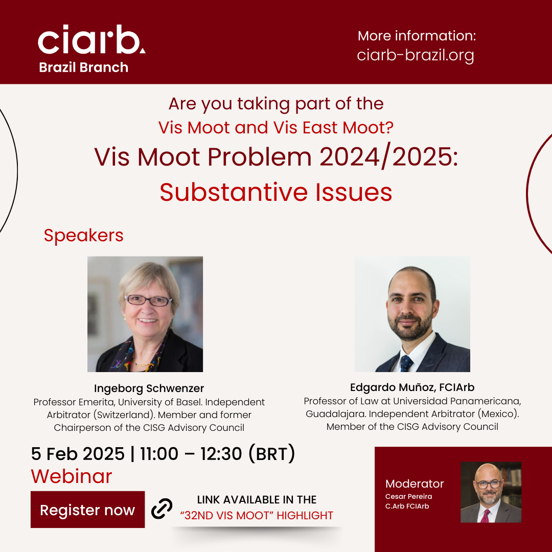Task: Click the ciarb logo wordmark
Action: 91,39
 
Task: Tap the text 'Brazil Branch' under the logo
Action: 83,67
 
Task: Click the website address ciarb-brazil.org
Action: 416,55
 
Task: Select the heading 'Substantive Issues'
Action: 276,192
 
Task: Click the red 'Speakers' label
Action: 83,236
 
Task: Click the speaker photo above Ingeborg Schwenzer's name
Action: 145,314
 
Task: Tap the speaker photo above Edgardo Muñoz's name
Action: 412,314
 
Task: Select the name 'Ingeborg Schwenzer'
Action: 149,388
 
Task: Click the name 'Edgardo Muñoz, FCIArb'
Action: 412,387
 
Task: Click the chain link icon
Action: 162,509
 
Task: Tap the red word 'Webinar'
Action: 72,476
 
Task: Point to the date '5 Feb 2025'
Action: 78,453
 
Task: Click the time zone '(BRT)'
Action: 272,453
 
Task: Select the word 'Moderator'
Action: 415,484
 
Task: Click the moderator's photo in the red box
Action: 491,492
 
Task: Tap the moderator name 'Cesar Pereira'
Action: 409,496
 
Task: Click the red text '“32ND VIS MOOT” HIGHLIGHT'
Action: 257,515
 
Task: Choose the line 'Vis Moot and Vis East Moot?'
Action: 276,127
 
